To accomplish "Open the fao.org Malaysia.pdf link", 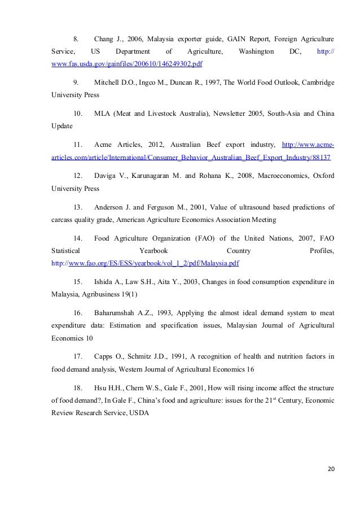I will coord(145,263).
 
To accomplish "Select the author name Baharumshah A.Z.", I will coord(124,312).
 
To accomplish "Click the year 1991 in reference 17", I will coord(170,356).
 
